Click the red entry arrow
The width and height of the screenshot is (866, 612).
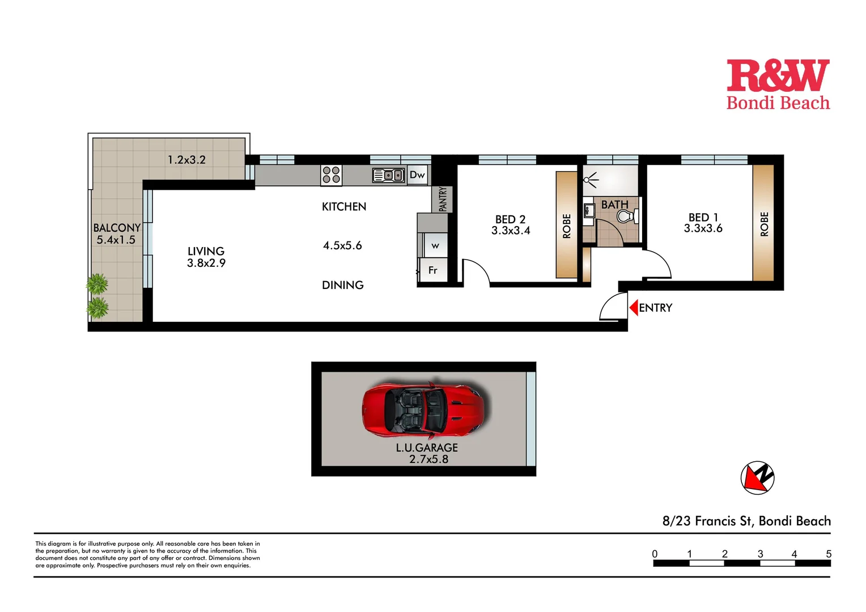tap(634, 308)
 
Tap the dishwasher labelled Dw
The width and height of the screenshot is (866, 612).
tap(417, 175)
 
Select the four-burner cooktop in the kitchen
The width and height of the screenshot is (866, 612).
tap(332, 175)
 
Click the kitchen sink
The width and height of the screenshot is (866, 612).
tap(388, 176)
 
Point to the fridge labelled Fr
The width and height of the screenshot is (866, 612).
tap(432, 270)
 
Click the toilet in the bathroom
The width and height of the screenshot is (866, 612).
tap(625, 216)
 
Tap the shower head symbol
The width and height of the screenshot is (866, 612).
tap(591, 180)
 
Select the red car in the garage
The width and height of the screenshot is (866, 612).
tap(426, 409)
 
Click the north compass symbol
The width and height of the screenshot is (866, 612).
tap(757, 478)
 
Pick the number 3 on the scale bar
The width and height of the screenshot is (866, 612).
tap(760, 554)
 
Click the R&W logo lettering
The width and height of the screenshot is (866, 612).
tap(778, 76)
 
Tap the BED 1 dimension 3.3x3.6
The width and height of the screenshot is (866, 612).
tap(703, 228)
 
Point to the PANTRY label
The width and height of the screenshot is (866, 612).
tap(443, 199)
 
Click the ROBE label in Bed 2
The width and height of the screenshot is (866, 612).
tap(567, 226)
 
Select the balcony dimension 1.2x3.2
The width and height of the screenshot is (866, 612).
tap(186, 160)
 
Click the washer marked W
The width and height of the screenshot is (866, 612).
tap(435, 246)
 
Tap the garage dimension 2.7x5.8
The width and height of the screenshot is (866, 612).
tap(428, 459)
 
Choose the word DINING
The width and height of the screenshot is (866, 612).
tap(343, 285)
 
